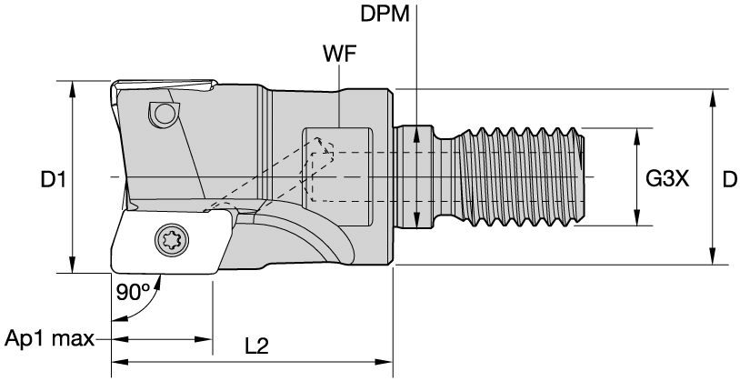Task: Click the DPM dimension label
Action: point(386,15)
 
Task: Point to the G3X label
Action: point(667,179)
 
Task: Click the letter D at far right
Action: point(728,180)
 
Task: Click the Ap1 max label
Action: point(49,339)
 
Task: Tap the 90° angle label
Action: point(133,293)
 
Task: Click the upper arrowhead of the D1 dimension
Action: point(71,85)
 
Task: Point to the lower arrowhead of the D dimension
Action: point(712,259)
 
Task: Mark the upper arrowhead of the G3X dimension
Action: point(635,133)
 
